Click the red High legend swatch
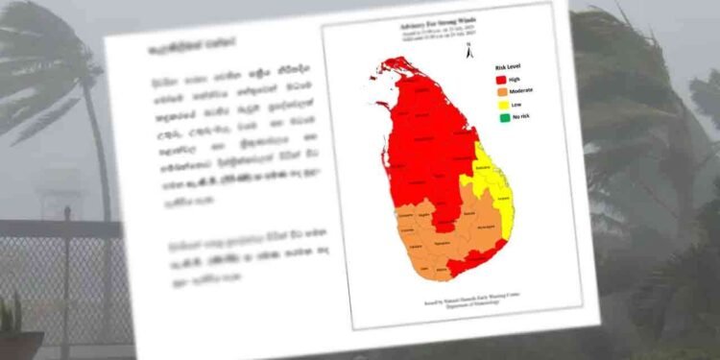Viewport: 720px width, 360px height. tap(502, 80)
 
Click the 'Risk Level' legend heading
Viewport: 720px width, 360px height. tap(509, 68)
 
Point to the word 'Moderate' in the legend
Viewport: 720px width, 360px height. tap(522, 92)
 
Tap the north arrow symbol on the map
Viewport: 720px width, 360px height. tap(467, 44)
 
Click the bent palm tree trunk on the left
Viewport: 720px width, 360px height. tap(96, 144)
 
